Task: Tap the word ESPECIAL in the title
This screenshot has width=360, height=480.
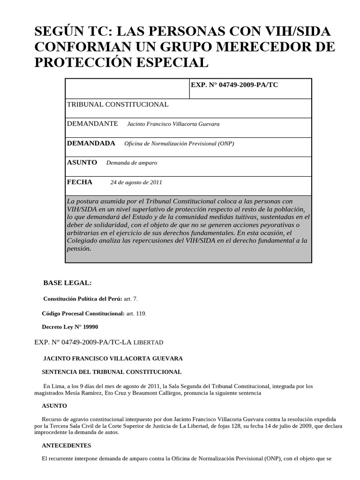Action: [x=168, y=62]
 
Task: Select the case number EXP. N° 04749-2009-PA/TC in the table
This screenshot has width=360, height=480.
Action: [x=234, y=85]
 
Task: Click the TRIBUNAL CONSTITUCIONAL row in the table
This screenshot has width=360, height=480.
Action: [x=118, y=105]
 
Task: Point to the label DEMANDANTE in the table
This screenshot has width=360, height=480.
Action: [x=93, y=124]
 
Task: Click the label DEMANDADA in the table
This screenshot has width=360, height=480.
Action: [x=91, y=143]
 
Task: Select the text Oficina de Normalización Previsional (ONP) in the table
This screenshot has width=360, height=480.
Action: [x=179, y=144]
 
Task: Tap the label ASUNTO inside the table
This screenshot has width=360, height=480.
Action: [x=82, y=163]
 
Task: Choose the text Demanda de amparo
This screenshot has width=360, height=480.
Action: [x=132, y=163]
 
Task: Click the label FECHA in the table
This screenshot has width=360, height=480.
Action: [x=80, y=182]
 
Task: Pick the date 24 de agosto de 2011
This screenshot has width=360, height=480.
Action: [x=136, y=182]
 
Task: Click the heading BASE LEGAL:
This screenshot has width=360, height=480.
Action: [x=67, y=283]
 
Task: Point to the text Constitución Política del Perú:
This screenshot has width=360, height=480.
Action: [x=82, y=299]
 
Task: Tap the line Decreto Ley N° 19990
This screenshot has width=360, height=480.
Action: [x=70, y=327]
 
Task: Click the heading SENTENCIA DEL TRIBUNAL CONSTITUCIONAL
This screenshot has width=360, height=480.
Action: [x=112, y=372]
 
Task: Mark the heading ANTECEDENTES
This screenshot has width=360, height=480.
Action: [x=66, y=445]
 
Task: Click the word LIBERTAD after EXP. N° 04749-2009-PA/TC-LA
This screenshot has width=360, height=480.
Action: [x=149, y=343]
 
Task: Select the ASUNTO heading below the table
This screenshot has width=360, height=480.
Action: [x=54, y=405]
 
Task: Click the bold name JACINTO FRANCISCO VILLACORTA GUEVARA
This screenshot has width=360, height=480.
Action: [x=113, y=358]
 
